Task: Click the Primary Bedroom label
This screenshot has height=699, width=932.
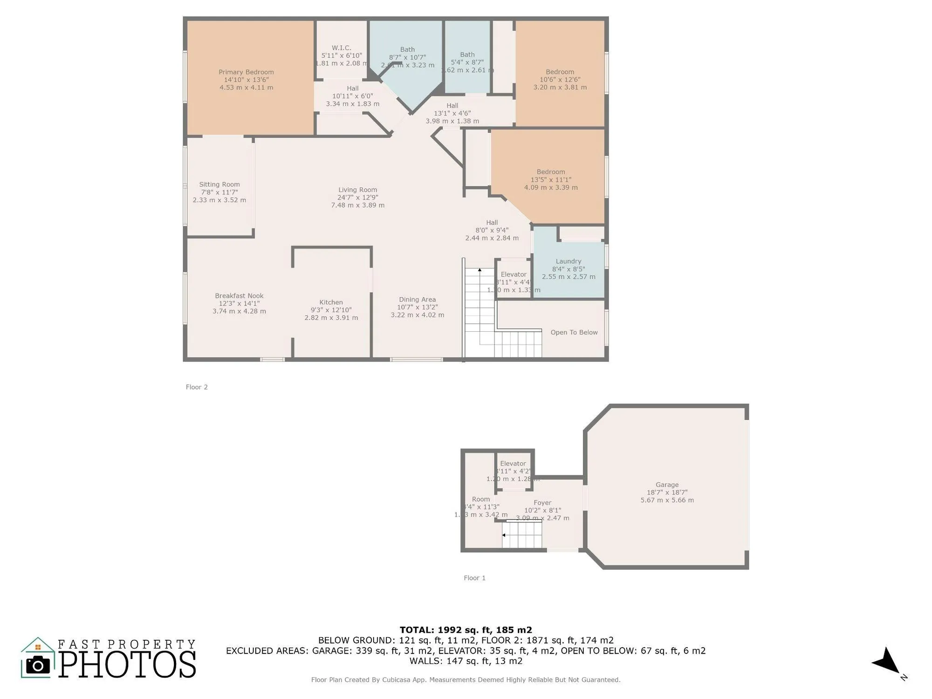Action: [246, 72]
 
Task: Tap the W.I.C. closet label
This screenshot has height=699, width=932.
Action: [341, 48]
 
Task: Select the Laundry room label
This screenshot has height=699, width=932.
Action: [568, 261]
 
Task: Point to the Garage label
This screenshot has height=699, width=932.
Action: [667, 485]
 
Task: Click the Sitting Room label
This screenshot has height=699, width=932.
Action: [219, 185]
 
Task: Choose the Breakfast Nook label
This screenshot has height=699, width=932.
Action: [239, 296]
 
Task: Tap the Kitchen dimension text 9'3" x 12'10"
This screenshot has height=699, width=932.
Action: [331, 310]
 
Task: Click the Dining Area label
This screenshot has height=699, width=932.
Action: [417, 300]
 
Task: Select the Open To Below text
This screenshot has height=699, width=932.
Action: [574, 332]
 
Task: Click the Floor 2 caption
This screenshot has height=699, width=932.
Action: [197, 387]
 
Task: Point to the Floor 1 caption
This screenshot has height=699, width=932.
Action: [474, 578]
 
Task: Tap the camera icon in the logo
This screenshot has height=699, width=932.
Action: [38, 665]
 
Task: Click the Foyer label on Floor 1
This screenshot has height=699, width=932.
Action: [542, 503]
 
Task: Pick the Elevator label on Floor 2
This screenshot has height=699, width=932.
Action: [514, 274]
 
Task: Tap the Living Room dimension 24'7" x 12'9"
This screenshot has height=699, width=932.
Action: [357, 198]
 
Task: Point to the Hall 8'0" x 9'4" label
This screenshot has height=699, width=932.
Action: [492, 223]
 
